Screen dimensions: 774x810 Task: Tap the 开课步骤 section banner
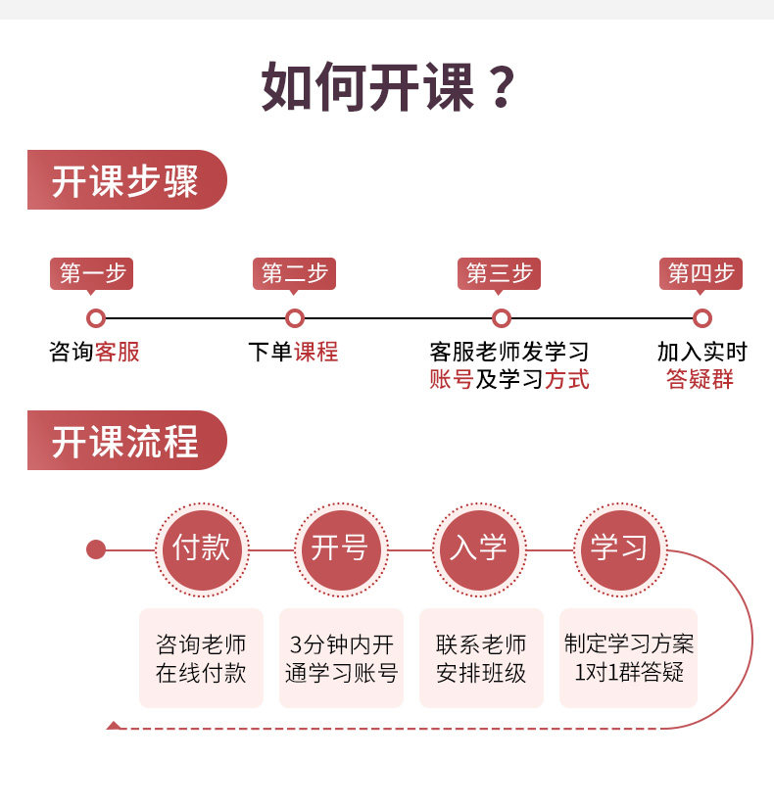126,180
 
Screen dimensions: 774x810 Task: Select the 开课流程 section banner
126,441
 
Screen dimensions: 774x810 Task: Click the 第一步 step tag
92,273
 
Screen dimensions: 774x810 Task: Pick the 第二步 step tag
294,273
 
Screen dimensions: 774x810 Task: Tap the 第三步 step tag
499,273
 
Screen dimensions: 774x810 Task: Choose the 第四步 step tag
701,273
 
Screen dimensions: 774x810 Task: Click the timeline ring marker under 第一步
95,318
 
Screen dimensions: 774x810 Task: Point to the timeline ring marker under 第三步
502,318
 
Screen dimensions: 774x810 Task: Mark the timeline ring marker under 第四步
701,318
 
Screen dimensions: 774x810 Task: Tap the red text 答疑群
700,380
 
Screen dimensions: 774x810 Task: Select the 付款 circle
201,548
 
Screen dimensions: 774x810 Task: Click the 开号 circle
339,548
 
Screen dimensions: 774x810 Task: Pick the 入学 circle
478,548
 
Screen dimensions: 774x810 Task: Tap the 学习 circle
618,548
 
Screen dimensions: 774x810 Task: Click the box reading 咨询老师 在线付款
201,658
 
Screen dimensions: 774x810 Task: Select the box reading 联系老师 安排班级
481,658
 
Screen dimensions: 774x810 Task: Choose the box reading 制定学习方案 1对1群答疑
628,658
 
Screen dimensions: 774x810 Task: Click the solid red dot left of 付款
96,549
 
